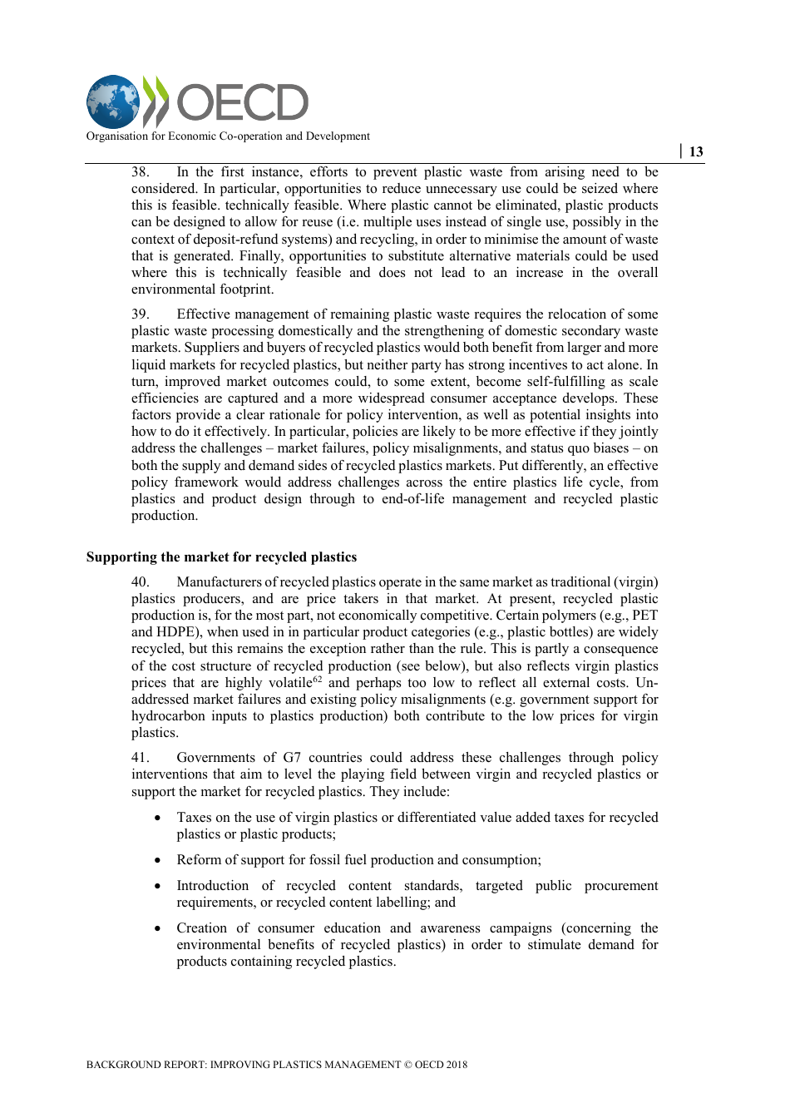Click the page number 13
tap(696, 151)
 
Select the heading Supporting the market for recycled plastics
tap(221, 557)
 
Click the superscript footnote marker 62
tap(317, 679)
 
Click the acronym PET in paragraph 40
tap(644, 616)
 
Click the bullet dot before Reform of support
tap(158, 861)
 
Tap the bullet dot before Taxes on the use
tap(158, 819)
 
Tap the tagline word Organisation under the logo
tap(117, 136)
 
